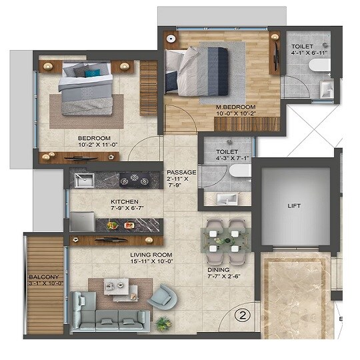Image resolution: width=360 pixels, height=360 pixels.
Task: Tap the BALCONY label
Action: coord(44,277)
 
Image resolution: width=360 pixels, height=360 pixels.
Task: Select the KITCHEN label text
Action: coord(124,201)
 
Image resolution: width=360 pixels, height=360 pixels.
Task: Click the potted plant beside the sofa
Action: coord(162,323)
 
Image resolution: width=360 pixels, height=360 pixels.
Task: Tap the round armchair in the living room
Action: coord(160,296)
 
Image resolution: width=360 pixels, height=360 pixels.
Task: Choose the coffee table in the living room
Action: coord(120,288)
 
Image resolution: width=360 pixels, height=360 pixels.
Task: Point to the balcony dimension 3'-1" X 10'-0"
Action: coord(45,284)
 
